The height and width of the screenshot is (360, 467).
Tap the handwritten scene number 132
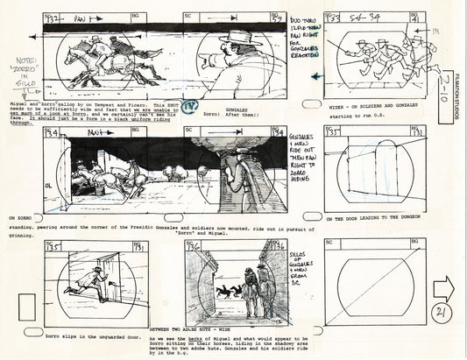[52, 18]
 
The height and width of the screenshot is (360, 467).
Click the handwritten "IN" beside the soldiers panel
[435, 31]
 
